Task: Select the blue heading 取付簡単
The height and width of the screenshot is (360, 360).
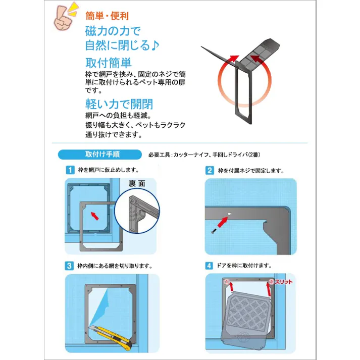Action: [x=108, y=63]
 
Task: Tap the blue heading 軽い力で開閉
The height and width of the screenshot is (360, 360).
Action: [x=119, y=104]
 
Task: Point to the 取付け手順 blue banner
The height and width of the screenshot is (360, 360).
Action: [x=95, y=155]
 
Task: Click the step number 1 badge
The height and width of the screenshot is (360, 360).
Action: [x=70, y=170]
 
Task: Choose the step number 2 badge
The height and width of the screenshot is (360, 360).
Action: [x=210, y=170]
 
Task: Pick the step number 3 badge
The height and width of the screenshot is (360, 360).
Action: [x=70, y=266]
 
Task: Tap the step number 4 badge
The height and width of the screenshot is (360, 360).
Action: [x=210, y=266]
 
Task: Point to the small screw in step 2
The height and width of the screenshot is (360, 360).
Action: [x=214, y=230]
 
